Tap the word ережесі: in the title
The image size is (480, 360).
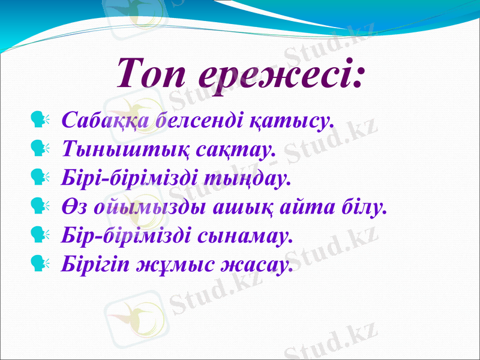point(282,74)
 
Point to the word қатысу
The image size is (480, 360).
point(290,120)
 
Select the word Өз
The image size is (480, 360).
point(73,207)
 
